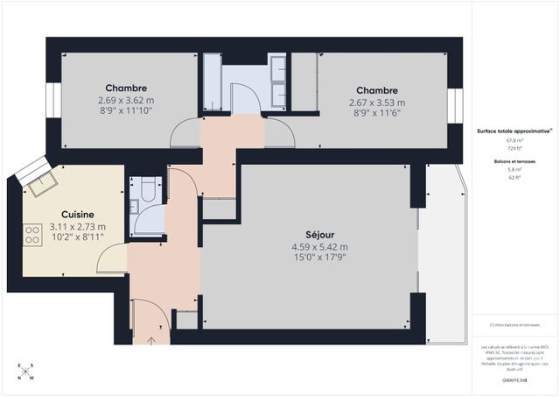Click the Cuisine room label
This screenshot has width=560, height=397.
(x=77, y=214)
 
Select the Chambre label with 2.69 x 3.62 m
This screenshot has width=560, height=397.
(x=125, y=89)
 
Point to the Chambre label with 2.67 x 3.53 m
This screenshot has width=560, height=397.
(x=376, y=90)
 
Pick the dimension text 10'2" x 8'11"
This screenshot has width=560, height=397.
(x=77, y=237)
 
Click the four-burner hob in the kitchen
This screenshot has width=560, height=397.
(x=32, y=234)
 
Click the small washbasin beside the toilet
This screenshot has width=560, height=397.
(x=135, y=207)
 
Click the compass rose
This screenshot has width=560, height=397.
(x=25, y=372)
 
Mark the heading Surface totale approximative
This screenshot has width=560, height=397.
(x=513, y=130)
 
